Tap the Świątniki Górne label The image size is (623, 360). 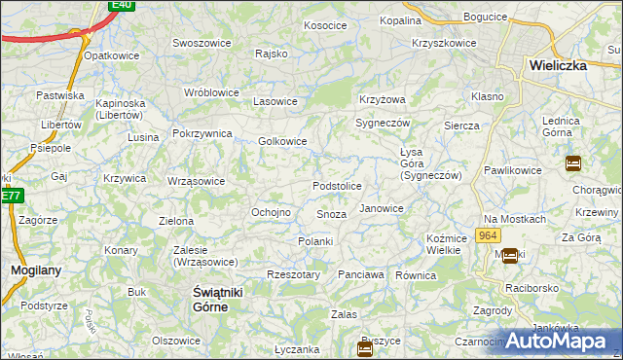(x=210, y=300)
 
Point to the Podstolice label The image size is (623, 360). (x=337, y=186)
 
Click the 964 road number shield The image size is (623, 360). (x=489, y=236)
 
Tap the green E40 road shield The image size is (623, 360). (x=122, y=5)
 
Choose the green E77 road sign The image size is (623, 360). (x=10, y=196)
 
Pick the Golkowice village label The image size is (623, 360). (x=282, y=141)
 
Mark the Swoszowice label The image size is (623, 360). (x=201, y=43)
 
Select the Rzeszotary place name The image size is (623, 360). (x=293, y=275)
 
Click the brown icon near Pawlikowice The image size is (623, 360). (x=573, y=163)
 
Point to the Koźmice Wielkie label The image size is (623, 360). (x=444, y=244)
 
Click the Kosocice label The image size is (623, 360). (x=325, y=25)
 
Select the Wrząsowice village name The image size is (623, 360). (x=196, y=181)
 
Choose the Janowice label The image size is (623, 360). (x=382, y=208)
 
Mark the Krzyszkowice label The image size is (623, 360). (x=444, y=43)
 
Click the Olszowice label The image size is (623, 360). (x=176, y=341)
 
